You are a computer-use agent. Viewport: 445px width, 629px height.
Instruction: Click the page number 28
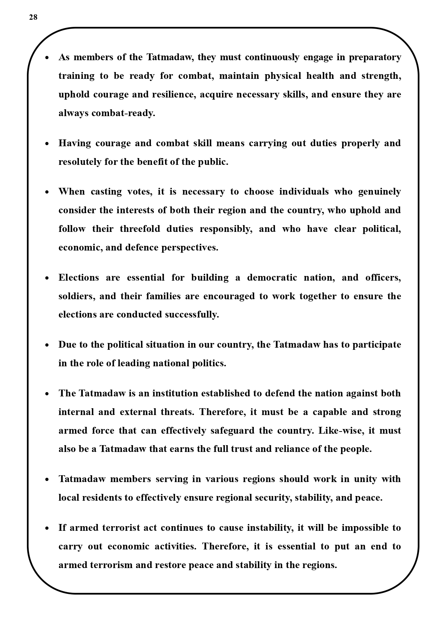point(33,17)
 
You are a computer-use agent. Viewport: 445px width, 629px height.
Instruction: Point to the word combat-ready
point(123,113)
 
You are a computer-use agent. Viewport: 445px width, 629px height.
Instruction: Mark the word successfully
point(191,315)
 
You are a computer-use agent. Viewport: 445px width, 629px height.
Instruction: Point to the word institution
point(175,394)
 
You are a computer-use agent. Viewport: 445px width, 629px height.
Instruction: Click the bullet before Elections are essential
point(47,278)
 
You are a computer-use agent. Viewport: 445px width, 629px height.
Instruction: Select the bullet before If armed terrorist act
point(47,528)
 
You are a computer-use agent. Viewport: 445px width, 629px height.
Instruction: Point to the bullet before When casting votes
point(47,192)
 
